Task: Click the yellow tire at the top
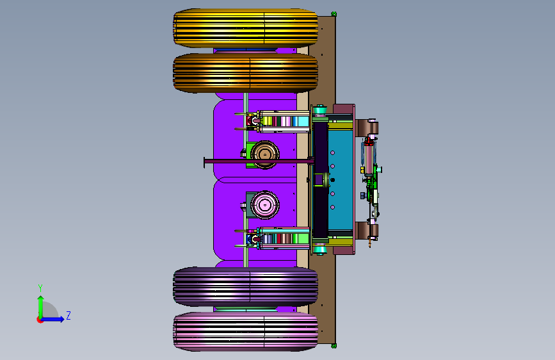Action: (x=245, y=28)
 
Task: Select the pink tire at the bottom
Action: (x=245, y=332)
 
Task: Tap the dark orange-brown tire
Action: (x=245, y=73)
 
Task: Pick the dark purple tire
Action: (x=245, y=286)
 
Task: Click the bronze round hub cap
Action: (x=265, y=154)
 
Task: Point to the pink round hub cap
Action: (x=265, y=205)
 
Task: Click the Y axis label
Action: (x=40, y=288)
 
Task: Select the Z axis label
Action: (x=68, y=315)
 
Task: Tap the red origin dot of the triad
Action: (x=40, y=320)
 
